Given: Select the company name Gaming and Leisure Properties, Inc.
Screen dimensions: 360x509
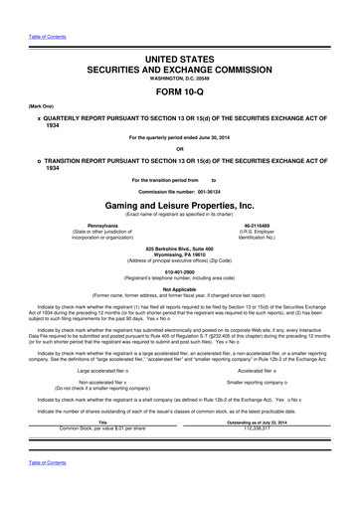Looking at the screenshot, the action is coord(179,202).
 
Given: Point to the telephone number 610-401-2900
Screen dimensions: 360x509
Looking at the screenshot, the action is coord(179,269).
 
